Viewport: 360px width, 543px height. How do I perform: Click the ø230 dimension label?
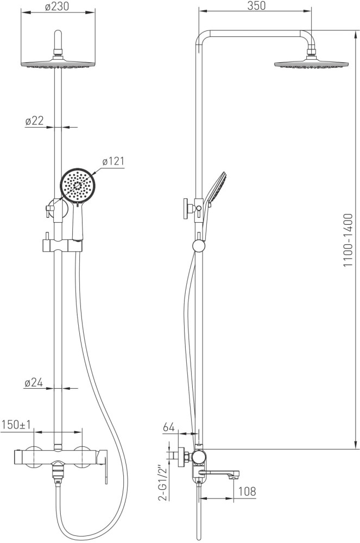57,6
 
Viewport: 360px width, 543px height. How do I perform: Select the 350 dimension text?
256,5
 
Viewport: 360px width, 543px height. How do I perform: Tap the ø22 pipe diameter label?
34,121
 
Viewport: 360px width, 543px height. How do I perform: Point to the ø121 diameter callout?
113,161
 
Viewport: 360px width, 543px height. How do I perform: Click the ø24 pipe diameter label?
34,383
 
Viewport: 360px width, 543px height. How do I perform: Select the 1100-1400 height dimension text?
348,240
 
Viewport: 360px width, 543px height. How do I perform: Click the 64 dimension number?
168,427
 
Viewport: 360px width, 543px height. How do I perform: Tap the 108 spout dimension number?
247,491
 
